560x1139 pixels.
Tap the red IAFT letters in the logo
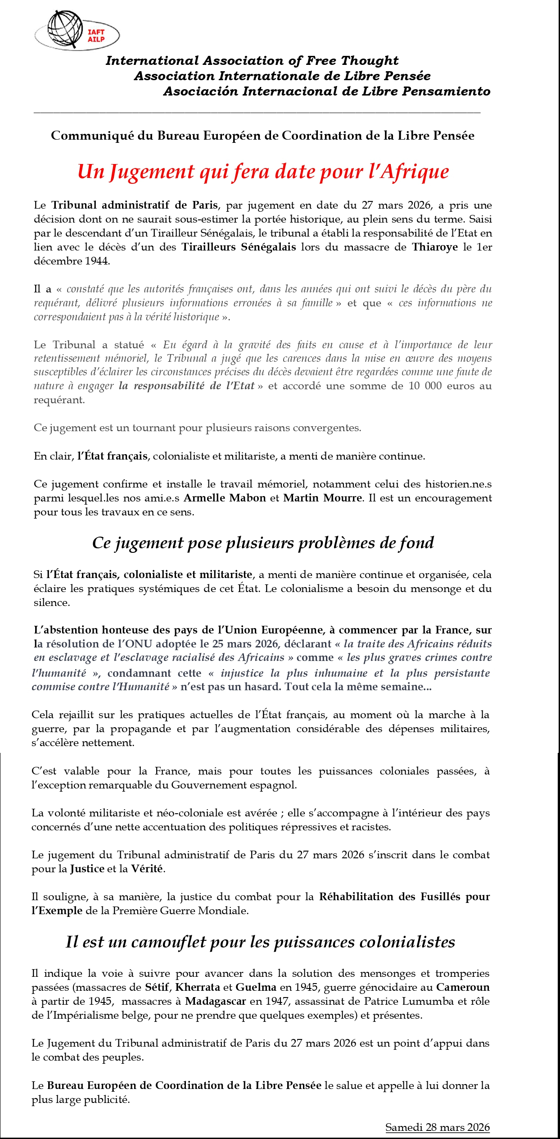96,32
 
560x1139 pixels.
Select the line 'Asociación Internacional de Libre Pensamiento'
326,91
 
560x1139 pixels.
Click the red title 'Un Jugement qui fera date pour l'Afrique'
263,172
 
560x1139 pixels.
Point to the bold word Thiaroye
434,247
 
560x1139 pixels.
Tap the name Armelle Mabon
225,498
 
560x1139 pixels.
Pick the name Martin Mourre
322,498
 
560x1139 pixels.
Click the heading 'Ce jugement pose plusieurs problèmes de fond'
263,543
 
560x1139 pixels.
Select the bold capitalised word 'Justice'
87,869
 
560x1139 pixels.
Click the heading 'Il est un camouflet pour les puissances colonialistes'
260,942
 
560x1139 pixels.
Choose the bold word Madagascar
215,1001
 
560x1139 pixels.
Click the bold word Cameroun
462,987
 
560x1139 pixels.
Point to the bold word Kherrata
198,987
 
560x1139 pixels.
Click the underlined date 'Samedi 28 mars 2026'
437,1124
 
